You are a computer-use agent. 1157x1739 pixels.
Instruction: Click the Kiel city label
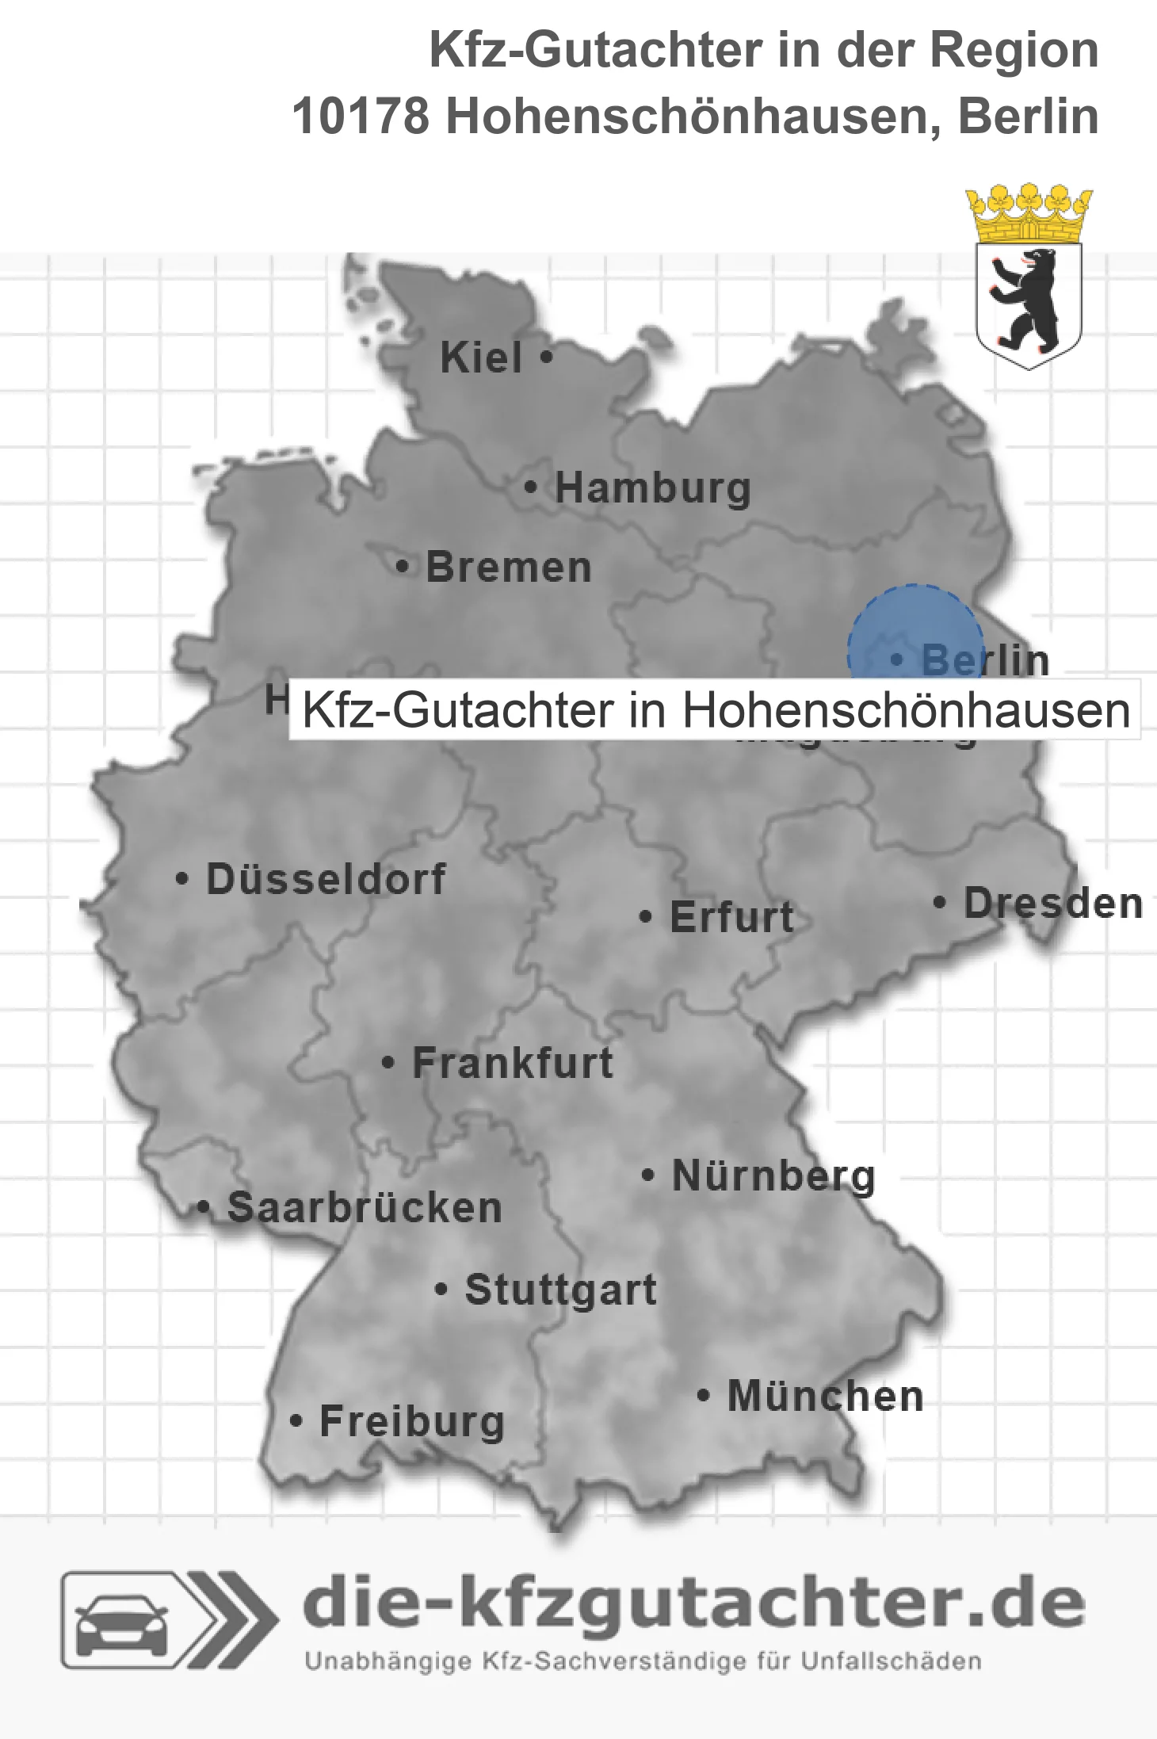481,358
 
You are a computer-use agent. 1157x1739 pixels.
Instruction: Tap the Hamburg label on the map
652,488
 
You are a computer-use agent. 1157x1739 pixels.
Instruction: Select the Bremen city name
508,568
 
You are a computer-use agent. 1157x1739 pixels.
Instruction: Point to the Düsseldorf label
326,880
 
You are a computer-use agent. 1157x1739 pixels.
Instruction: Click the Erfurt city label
731,918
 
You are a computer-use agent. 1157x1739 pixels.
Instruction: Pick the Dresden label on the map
1052,904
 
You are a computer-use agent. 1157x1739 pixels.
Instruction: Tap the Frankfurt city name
513,1064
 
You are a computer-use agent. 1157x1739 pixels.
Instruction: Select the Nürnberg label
773,1176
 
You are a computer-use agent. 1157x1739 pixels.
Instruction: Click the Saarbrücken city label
365,1209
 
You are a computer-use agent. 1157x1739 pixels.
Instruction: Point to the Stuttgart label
560,1290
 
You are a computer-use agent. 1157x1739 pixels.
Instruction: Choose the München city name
825,1397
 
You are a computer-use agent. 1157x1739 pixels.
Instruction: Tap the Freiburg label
411,1423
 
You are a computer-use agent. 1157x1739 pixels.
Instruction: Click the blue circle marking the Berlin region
915,626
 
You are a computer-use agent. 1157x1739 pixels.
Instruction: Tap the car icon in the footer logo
122,1622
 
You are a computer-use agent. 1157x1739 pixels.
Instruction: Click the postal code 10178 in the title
361,117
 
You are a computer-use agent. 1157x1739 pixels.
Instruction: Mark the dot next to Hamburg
531,487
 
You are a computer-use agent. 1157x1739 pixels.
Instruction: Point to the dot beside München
703,1396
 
